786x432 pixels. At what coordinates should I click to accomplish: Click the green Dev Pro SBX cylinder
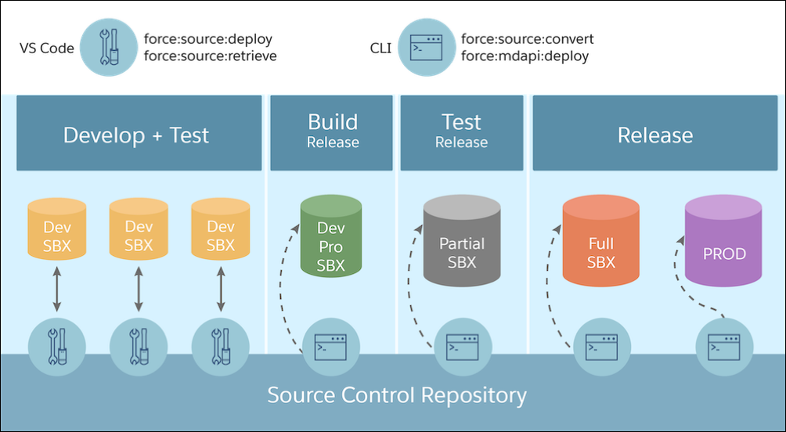(331, 237)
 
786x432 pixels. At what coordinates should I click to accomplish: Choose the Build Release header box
(333, 131)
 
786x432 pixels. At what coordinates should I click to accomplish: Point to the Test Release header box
(461, 131)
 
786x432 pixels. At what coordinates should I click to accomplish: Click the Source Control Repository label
(397, 394)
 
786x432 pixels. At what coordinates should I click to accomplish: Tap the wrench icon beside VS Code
(110, 49)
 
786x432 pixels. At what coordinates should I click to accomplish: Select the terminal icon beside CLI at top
(427, 49)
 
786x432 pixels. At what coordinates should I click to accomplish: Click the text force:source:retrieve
(210, 57)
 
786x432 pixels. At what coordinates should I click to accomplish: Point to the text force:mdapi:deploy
(525, 57)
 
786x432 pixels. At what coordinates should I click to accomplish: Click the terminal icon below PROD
(725, 347)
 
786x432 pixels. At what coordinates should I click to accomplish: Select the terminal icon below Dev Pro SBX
(332, 347)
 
